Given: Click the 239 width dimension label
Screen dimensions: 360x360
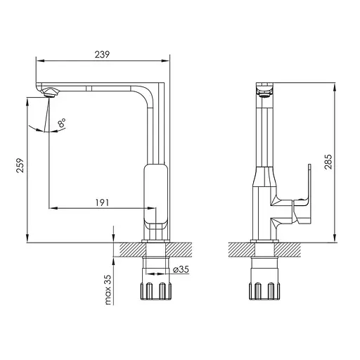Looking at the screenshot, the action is click(102, 54).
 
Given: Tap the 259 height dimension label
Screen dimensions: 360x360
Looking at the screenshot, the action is click(20, 165).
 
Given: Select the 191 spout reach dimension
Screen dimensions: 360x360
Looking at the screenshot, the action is click(102, 202).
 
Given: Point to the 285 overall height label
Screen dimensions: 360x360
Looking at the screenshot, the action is click(328, 162).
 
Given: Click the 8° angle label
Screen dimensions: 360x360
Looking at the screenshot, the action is click(62, 122).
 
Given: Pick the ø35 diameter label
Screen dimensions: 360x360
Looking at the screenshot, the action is click(181, 269).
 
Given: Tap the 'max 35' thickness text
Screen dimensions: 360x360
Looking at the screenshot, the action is click(108, 290).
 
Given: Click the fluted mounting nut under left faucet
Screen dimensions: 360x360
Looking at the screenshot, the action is click(155, 291).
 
